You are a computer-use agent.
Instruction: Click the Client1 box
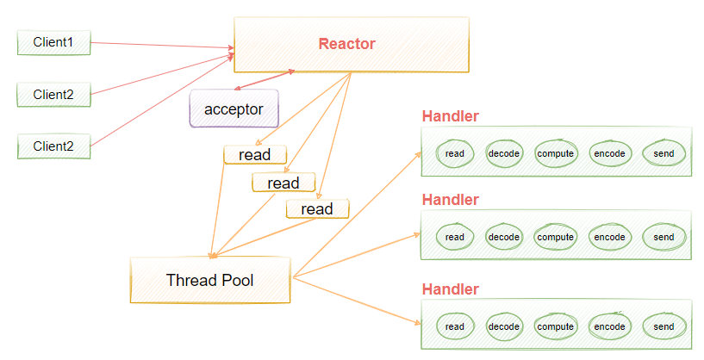tap(53, 42)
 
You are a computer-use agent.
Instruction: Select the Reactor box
tap(351, 44)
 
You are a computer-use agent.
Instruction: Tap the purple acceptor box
tap(234, 109)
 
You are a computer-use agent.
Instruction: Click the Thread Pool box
tap(209, 280)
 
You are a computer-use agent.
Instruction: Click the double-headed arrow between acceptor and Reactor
tap(263, 80)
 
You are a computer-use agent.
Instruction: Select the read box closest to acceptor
tap(254, 155)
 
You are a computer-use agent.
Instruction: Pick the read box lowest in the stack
tap(316, 208)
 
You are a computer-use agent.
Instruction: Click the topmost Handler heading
tap(450, 116)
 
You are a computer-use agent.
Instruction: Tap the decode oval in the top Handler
tap(504, 153)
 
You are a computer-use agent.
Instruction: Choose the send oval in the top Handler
tap(663, 153)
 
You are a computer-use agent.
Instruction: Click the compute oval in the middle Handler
tap(556, 237)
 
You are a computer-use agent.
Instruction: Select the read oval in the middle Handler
tap(454, 237)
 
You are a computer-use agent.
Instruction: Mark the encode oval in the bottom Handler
tap(609, 326)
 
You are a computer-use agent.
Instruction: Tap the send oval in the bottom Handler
tap(663, 326)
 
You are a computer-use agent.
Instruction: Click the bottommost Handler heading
tap(450, 289)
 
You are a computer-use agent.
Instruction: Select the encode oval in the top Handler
tap(609, 153)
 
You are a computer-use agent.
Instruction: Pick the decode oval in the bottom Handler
tap(504, 326)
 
